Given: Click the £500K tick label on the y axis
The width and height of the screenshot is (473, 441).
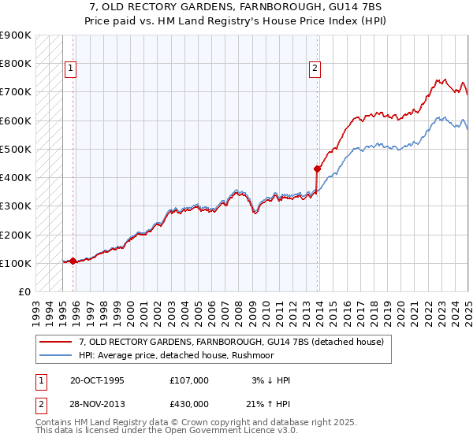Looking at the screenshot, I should (15, 149).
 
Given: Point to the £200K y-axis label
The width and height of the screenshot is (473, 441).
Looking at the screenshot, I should (15, 235).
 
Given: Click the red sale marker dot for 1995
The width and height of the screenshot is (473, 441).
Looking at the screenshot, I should (73, 261).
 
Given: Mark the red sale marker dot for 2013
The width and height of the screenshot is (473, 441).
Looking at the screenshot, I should (317, 169).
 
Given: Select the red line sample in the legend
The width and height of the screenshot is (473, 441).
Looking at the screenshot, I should (55, 342).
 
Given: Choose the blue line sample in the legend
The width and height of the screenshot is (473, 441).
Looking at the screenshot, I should (55, 354).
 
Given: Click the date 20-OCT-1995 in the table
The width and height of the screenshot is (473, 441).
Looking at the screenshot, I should (97, 380).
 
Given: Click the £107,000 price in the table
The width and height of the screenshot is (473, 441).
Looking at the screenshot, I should (189, 380).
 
